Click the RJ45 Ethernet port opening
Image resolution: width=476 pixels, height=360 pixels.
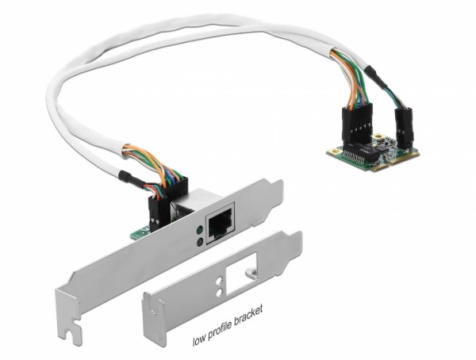click(217, 227)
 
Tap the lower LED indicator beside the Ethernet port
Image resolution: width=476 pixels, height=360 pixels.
click(196, 239)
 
